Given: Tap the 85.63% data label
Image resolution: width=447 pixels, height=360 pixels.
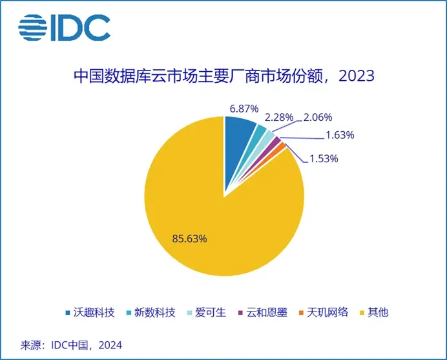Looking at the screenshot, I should [189, 238].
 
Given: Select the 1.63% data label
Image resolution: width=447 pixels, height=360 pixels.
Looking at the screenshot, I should [339, 135].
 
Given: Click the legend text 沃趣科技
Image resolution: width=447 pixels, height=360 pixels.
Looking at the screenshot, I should [96, 313].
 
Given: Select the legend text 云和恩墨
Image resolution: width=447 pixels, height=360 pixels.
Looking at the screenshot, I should [265, 313].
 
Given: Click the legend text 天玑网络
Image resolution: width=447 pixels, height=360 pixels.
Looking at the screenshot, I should [327, 313].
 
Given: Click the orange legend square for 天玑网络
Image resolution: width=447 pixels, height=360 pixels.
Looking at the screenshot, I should [301, 313].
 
